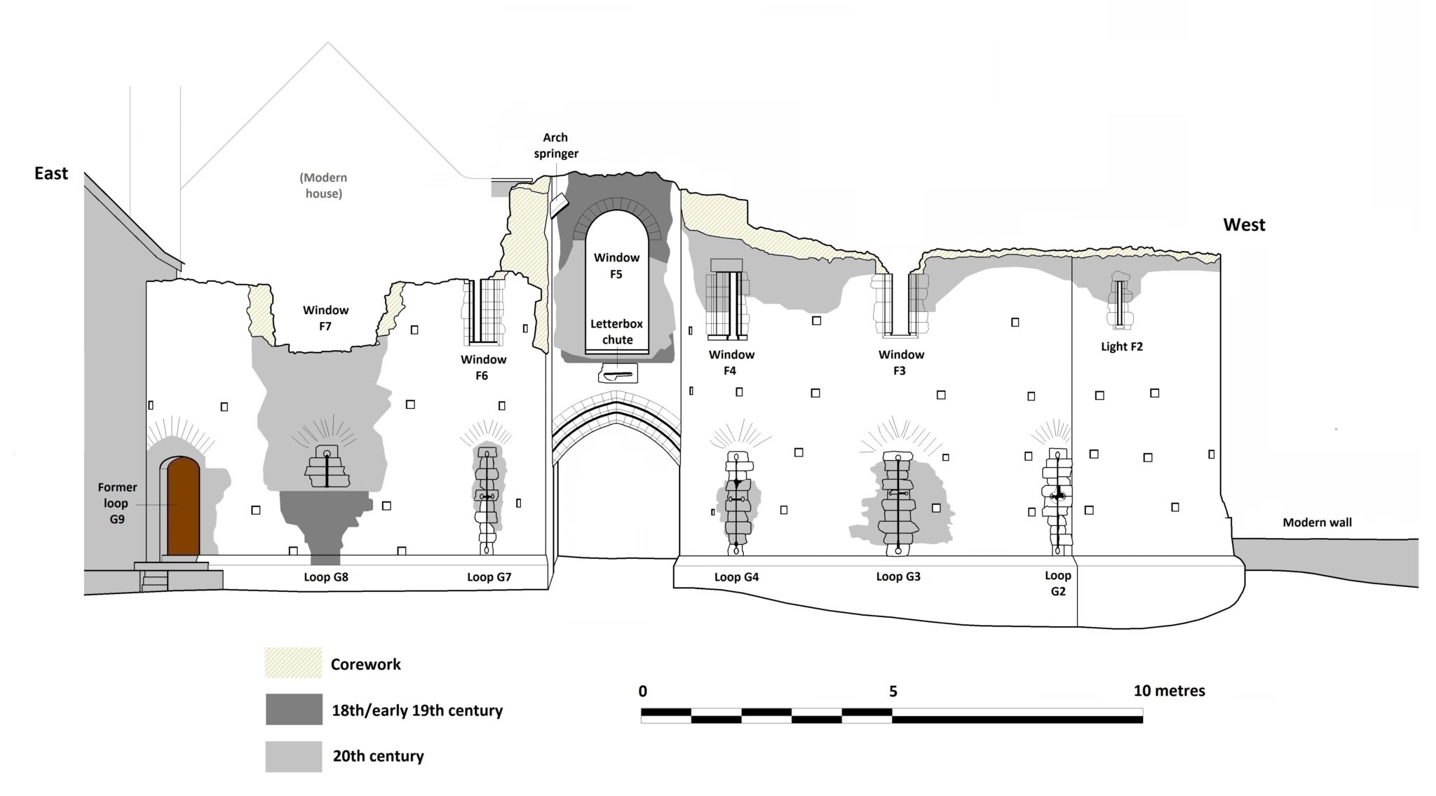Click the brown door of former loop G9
coord(182,506)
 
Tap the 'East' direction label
coord(51,173)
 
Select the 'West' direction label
coord(1244,224)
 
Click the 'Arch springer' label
coord(555,145)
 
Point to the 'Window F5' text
coord(616,266)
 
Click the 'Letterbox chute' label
coord(616,332)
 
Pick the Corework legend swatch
coord(293,663)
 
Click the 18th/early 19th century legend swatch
coord(293,710)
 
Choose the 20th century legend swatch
coord(293,756)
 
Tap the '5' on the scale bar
coord(893,692)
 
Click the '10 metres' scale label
coord(1169,691)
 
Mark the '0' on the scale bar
coord(643,692)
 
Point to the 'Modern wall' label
coord(1317,522)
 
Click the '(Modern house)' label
coord(323,186)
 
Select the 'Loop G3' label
coord(898,576)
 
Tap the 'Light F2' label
coord(1121,346)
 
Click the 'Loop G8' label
coord(326,577)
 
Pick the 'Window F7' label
coord(325,318)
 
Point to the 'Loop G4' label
coord(736,577)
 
